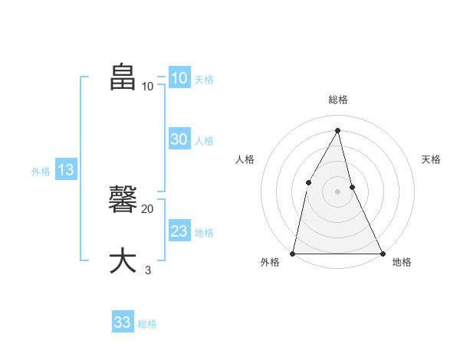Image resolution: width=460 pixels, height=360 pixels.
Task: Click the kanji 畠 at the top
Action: click(x=123, y=77)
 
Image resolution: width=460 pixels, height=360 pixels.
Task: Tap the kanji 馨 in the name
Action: click(x=123, y=200)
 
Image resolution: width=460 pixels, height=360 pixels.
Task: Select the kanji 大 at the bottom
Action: click(x=123, y=260)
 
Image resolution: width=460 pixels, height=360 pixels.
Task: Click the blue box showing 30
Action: click(x=179, y=139)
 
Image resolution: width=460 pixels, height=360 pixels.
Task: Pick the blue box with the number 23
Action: click(x=179, y=231)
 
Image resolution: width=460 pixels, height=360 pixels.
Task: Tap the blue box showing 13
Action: click(x=66, y=170)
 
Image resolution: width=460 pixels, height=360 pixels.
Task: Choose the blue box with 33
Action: click(x=123, y=322)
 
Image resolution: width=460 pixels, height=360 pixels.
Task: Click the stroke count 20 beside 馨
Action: click(x=148, y=208)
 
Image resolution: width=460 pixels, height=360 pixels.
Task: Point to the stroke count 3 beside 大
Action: click(x=148, y=270)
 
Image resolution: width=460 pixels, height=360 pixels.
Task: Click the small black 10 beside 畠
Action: click(x=148, y=86)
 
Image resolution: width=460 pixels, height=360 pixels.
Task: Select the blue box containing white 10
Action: click(x=179, y=78)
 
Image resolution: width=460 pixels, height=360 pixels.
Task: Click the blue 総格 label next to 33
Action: click(x=147, y=324)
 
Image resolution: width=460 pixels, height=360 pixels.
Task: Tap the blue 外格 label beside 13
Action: click(x=41, y=172)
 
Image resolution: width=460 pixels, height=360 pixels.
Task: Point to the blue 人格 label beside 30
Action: click(x=204, y=141)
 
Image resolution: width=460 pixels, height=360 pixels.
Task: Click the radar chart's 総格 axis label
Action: click(x=337, y=100)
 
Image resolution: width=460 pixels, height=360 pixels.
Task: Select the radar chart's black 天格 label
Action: click(x=431, y=159)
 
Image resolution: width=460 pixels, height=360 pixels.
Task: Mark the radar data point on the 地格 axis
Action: click(x=382, y=253)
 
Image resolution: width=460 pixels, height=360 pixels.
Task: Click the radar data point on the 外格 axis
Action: click(x=294, y=253)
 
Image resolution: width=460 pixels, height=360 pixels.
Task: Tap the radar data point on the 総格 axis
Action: click(x=337, y=130)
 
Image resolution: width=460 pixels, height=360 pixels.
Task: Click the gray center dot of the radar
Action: click(x=337, y=191)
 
